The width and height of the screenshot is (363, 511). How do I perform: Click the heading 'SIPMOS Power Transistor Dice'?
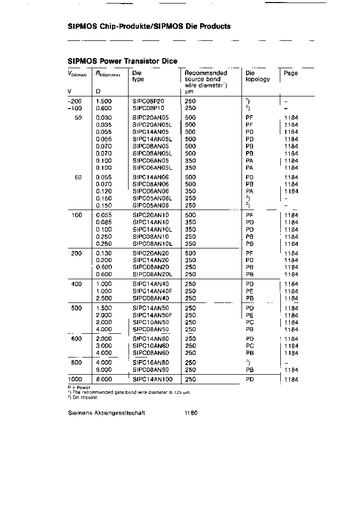point(123,61)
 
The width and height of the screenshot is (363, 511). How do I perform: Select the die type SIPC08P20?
point(148,101)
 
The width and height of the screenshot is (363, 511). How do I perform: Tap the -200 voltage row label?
point(75,101)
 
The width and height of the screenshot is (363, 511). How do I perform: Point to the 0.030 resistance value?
point(103,117)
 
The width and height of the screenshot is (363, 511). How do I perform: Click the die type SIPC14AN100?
point(152,379)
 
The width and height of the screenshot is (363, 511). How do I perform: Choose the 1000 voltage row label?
point(76,379)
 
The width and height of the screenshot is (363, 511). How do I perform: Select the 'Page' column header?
point(290,73)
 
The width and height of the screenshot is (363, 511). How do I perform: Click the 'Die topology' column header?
point(258,76)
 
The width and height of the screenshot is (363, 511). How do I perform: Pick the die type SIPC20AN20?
point(150,253)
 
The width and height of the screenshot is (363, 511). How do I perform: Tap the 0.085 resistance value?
point(103,222)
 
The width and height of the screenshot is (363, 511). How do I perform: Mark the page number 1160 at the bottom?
point(191,413)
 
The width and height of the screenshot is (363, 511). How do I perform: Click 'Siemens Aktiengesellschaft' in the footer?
point(106,413)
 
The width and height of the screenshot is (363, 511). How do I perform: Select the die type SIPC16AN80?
point(150,363)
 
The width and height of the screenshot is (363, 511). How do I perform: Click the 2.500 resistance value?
point(103,298)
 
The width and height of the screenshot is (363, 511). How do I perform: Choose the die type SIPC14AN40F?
point(152,291)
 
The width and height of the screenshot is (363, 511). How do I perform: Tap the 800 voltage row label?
point(76,363)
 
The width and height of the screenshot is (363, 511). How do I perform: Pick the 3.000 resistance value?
point(103,346)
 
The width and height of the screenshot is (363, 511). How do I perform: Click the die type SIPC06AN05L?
point(152,168)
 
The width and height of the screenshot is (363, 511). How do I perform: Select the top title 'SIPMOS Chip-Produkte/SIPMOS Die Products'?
point(149,26)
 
